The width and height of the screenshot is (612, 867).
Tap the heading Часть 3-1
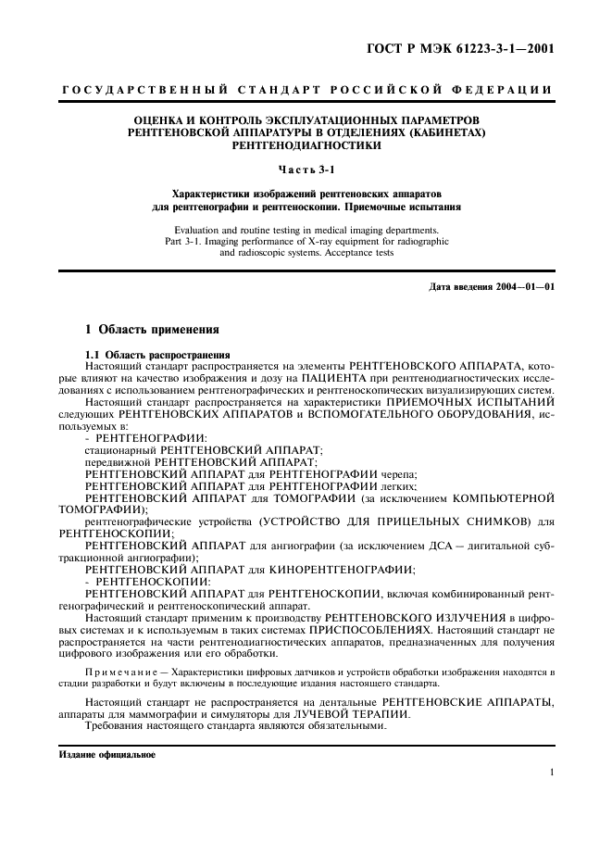[x=306, y=168]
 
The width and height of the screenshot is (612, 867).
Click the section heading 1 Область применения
[x=153, y=329]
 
